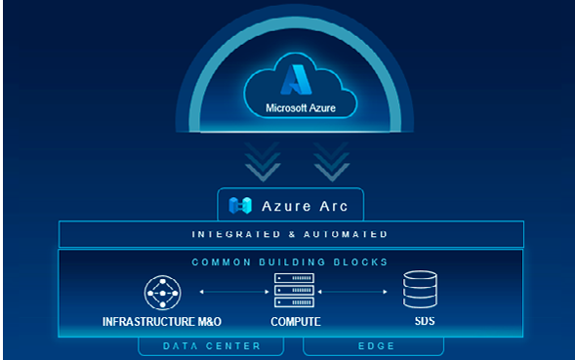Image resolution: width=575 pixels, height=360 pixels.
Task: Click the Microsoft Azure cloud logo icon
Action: tap(293, 79)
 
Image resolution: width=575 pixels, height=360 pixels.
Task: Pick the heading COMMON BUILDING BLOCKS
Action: tap(290, 261)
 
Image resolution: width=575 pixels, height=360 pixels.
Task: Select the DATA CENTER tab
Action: tap(212, 345)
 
